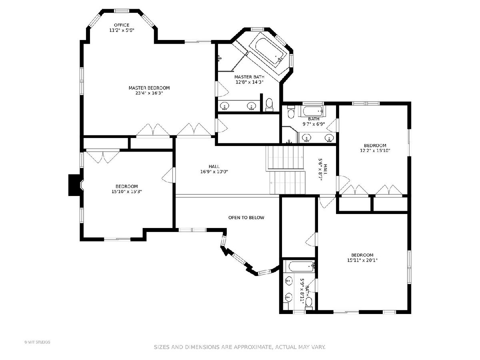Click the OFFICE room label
[x=122, y=25]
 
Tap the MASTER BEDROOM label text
[x=149, y=88]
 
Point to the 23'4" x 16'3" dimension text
[x=149, y=93]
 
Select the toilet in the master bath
[x=269, y=104]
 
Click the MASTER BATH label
[x=249, y=77]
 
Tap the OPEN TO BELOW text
[x=246, y=218]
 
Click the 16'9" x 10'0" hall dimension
[x=214, y=172]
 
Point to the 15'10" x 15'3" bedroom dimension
[x=127, y=192]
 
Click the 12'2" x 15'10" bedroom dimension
[x=375, y=151]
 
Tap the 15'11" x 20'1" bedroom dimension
[x=362, y=260]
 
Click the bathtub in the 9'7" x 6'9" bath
[x=313, y=111]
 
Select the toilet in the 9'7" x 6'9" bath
[x=291, y=112]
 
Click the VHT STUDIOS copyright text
[x=37, y=342]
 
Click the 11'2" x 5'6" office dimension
[x=122, y=30]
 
